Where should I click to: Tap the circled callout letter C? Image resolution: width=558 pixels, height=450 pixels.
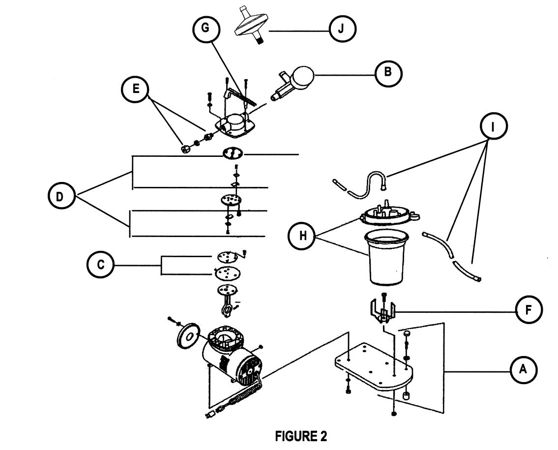click(x=100, y=265)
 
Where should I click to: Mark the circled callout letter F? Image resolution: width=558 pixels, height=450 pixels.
click(x=529, y=310)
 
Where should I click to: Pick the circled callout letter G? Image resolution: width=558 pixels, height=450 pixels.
click(x=204, y=29)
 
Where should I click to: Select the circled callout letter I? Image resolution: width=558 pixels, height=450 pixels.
click(x=493, y=126)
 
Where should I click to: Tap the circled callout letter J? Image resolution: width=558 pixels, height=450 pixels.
click(x=342, y=29)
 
